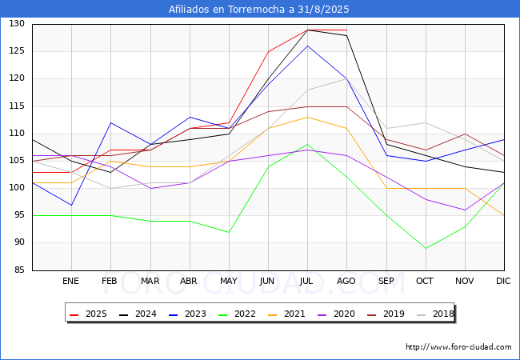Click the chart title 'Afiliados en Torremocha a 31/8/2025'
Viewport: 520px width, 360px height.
click(x=259, y=10)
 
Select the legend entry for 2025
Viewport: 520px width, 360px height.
click(x=89, y=314)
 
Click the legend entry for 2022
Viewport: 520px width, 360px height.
click(x=238, y=314)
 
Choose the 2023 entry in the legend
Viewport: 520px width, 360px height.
click(x=188, y=314)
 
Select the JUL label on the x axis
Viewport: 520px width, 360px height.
click(x=307, y=281)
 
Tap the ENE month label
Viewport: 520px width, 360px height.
click(x=71, y=281)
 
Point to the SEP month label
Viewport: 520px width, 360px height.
click(x=386, y=281)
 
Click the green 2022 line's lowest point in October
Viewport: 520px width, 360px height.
click(x=426, y=248)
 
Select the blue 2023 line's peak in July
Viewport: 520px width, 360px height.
click(x=307, y=46)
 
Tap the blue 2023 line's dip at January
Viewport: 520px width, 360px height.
click(x=71, y=205)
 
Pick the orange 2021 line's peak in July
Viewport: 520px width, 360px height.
click(x=307, y=117)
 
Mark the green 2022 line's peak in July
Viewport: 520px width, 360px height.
click(x=307, y=144)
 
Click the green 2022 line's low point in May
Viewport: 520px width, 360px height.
click(x=229, y=232)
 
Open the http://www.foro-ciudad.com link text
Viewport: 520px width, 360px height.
click(x=458, y=347)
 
